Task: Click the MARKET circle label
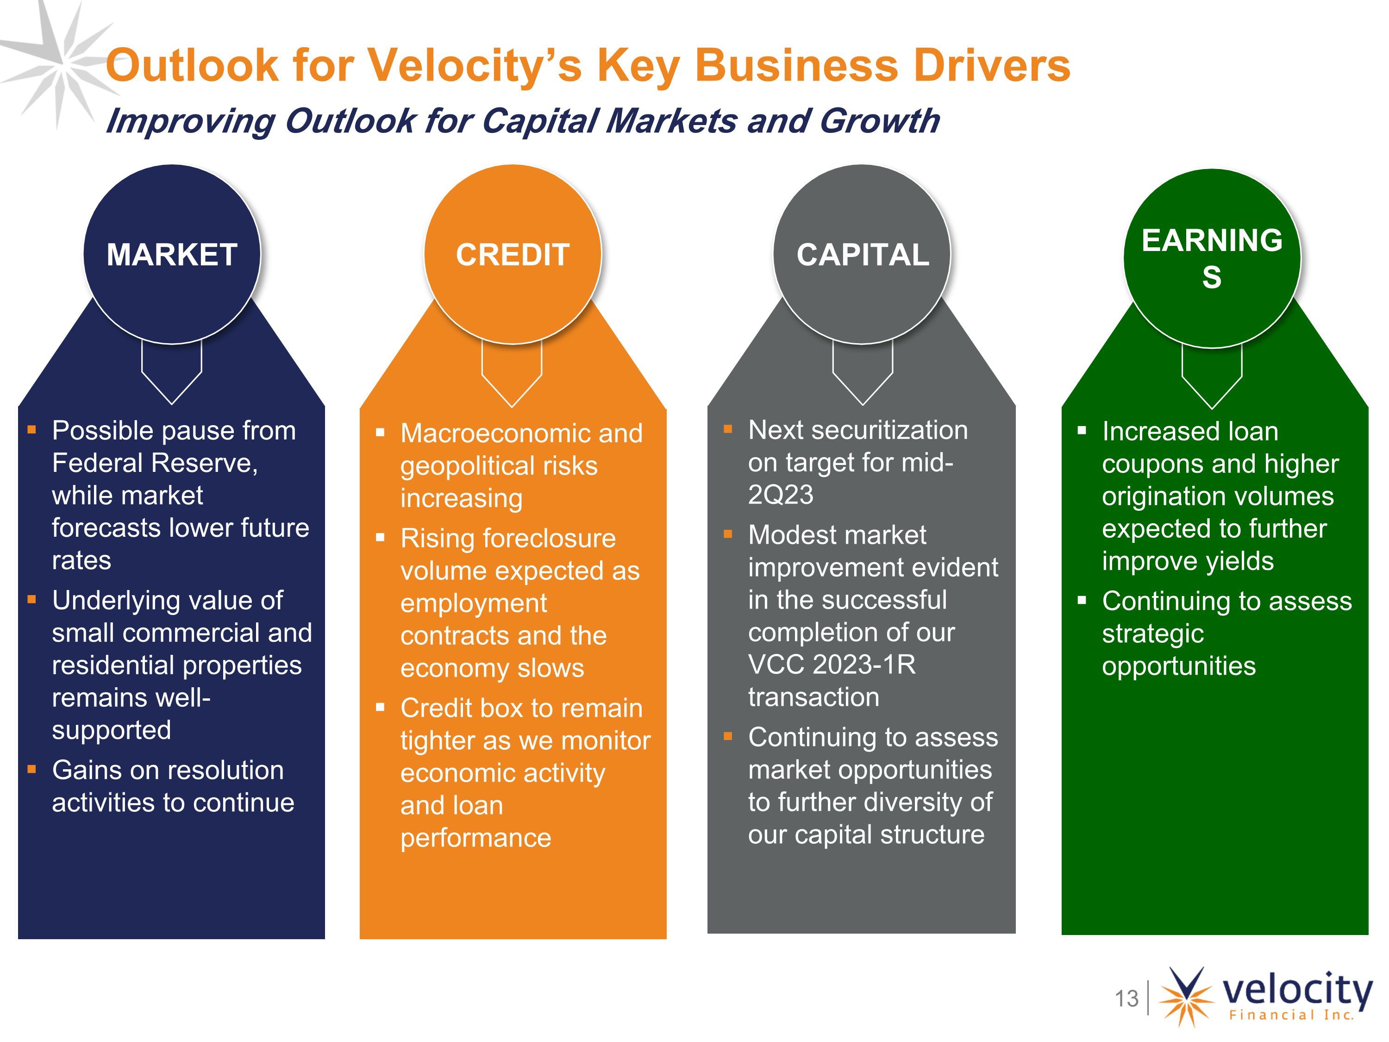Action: tap(172, 255)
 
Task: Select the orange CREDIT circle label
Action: tap(513, 255)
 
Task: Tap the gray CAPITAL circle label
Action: tap(863, 255)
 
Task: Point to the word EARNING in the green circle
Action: tap(1212, 240)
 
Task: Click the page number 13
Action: tap(1126, 998)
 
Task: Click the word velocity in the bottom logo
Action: tap(1297, 991)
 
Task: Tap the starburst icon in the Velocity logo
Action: tap(1187, 996)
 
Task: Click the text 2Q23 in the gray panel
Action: tap(781, 495)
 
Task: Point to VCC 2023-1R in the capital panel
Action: tap(832, 665)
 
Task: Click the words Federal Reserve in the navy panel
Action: tap(155, 463)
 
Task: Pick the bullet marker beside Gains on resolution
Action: tap(31, 769)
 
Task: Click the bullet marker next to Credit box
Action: tap(380, 707)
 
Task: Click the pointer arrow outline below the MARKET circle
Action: tap(171, 372)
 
